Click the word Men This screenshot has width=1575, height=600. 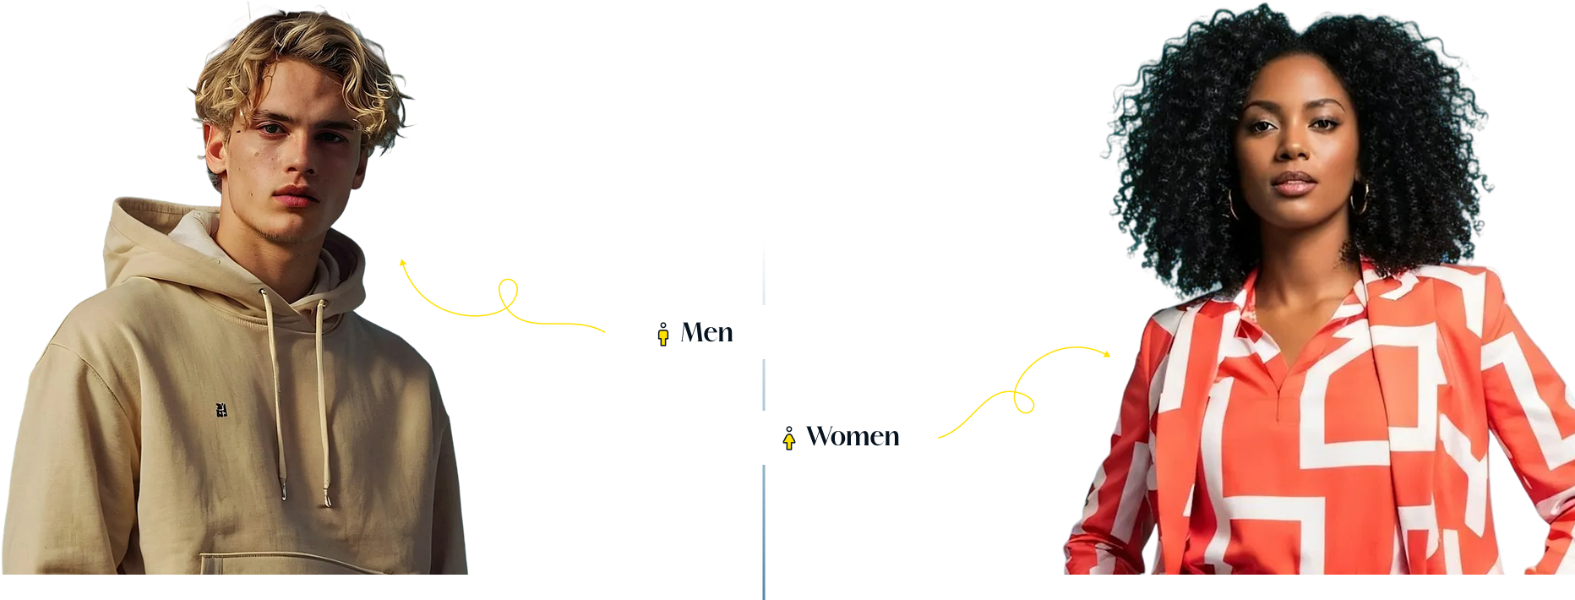point(706,333)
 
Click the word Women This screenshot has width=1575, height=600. point(853,436)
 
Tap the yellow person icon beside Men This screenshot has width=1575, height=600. point(663,334)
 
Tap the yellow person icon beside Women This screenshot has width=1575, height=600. point(789,439)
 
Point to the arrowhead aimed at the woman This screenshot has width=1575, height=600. point(1106,353)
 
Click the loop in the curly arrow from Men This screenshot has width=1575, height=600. point(508,295)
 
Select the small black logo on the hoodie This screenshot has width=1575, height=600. point(221,410)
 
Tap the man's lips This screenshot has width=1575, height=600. point(294,197)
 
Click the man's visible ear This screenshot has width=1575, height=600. point(215,150)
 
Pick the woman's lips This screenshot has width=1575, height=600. point(1294,183)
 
